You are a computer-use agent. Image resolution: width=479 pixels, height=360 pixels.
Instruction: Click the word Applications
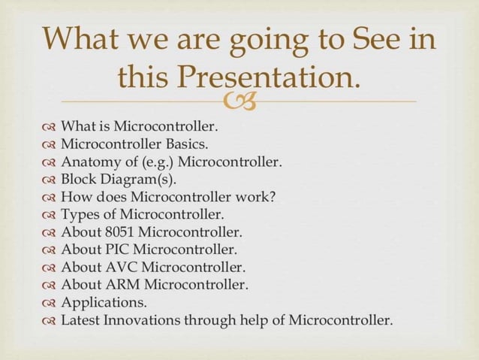[104, 303]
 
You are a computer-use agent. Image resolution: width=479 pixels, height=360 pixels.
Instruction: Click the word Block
[79, 180]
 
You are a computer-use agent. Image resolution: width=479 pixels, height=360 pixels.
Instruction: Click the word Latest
[81, 320]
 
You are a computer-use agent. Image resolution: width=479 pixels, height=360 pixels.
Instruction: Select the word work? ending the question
[257, 197]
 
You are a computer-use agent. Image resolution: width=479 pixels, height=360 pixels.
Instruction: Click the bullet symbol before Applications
[50, 304]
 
